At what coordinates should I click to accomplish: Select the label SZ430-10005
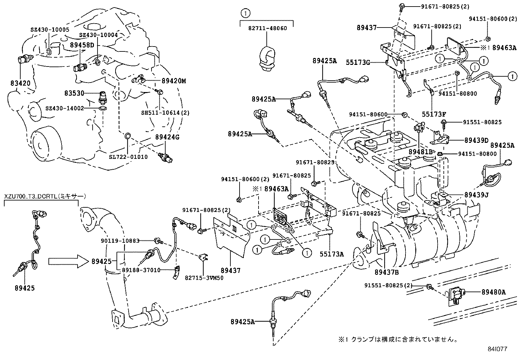click(50, 29)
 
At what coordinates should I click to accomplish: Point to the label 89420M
click(173, 81)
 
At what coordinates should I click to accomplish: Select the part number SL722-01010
click(128, 157)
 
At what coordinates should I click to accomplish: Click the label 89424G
click(167, 137)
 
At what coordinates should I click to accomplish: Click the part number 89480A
click(493, 292)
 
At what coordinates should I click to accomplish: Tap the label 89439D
click(476, 140)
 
